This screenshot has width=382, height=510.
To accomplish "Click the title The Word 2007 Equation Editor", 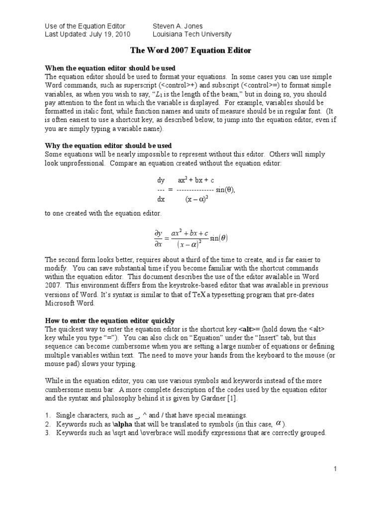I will [x=191, y=50].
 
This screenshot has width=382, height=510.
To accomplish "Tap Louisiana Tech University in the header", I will [x=192, y=34].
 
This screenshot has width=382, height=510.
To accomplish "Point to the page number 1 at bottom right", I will [x=336, y=469].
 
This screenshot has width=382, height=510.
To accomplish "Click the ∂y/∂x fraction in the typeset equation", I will [x=159, y=238].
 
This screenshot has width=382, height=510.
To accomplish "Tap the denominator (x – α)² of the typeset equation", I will [x=189, y=244].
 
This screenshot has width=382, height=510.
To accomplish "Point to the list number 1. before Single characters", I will [x=48, y=415].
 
